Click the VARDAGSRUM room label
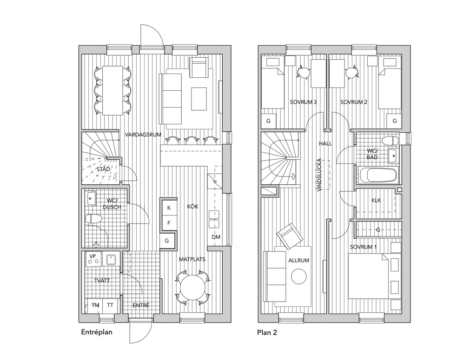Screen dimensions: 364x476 [x=143, y=135]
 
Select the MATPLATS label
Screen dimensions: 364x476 [x=192, y=260]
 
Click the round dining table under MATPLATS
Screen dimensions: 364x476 [x=191, y=287]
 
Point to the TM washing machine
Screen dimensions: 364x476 [x=96, y=305]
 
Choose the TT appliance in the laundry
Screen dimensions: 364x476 [x=110, y=305]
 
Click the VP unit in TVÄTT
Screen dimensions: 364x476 [x=92, y=257]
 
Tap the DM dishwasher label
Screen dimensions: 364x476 [x=216, y=237]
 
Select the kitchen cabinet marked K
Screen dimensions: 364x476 [x=169, y=208]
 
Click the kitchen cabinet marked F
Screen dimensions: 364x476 [x=169, y=223]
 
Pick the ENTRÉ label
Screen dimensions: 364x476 [x=141, y=305]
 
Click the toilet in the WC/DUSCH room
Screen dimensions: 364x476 [x=94, y=218]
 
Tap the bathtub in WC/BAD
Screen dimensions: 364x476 [x=378, y=175]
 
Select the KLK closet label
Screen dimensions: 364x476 [x=377, y=201]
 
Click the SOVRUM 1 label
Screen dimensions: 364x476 [x=364, y=247]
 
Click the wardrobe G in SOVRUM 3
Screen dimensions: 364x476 [x=268, y=121]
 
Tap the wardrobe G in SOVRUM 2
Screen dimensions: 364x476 [x=394, y=121]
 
